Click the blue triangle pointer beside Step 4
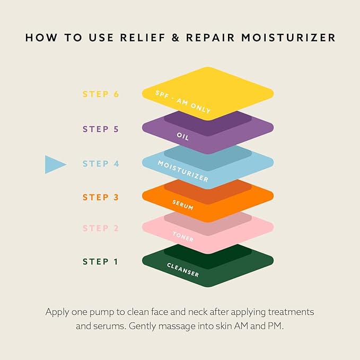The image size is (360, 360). (54, 164)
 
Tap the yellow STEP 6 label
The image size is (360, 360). (101, 94)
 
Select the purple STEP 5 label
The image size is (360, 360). (101, 129)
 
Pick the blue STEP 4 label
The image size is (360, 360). (101, 164)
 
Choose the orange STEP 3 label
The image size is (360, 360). (101, 197)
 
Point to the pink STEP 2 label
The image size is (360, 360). (101, 228)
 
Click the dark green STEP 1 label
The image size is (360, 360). (100, 261)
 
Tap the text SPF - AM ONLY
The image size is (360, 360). (183, 102)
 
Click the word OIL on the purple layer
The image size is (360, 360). (183, 136)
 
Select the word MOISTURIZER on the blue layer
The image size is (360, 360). (183, 171)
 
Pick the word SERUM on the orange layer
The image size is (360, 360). (183, 205)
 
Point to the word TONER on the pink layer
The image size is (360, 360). (183, 236)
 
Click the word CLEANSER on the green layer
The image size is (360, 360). (183, 270)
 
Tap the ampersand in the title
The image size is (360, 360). (175, 38)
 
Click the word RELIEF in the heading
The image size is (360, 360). (143, 38)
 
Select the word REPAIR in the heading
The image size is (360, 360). (210, 38)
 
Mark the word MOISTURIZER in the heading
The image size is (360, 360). (288, 38)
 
